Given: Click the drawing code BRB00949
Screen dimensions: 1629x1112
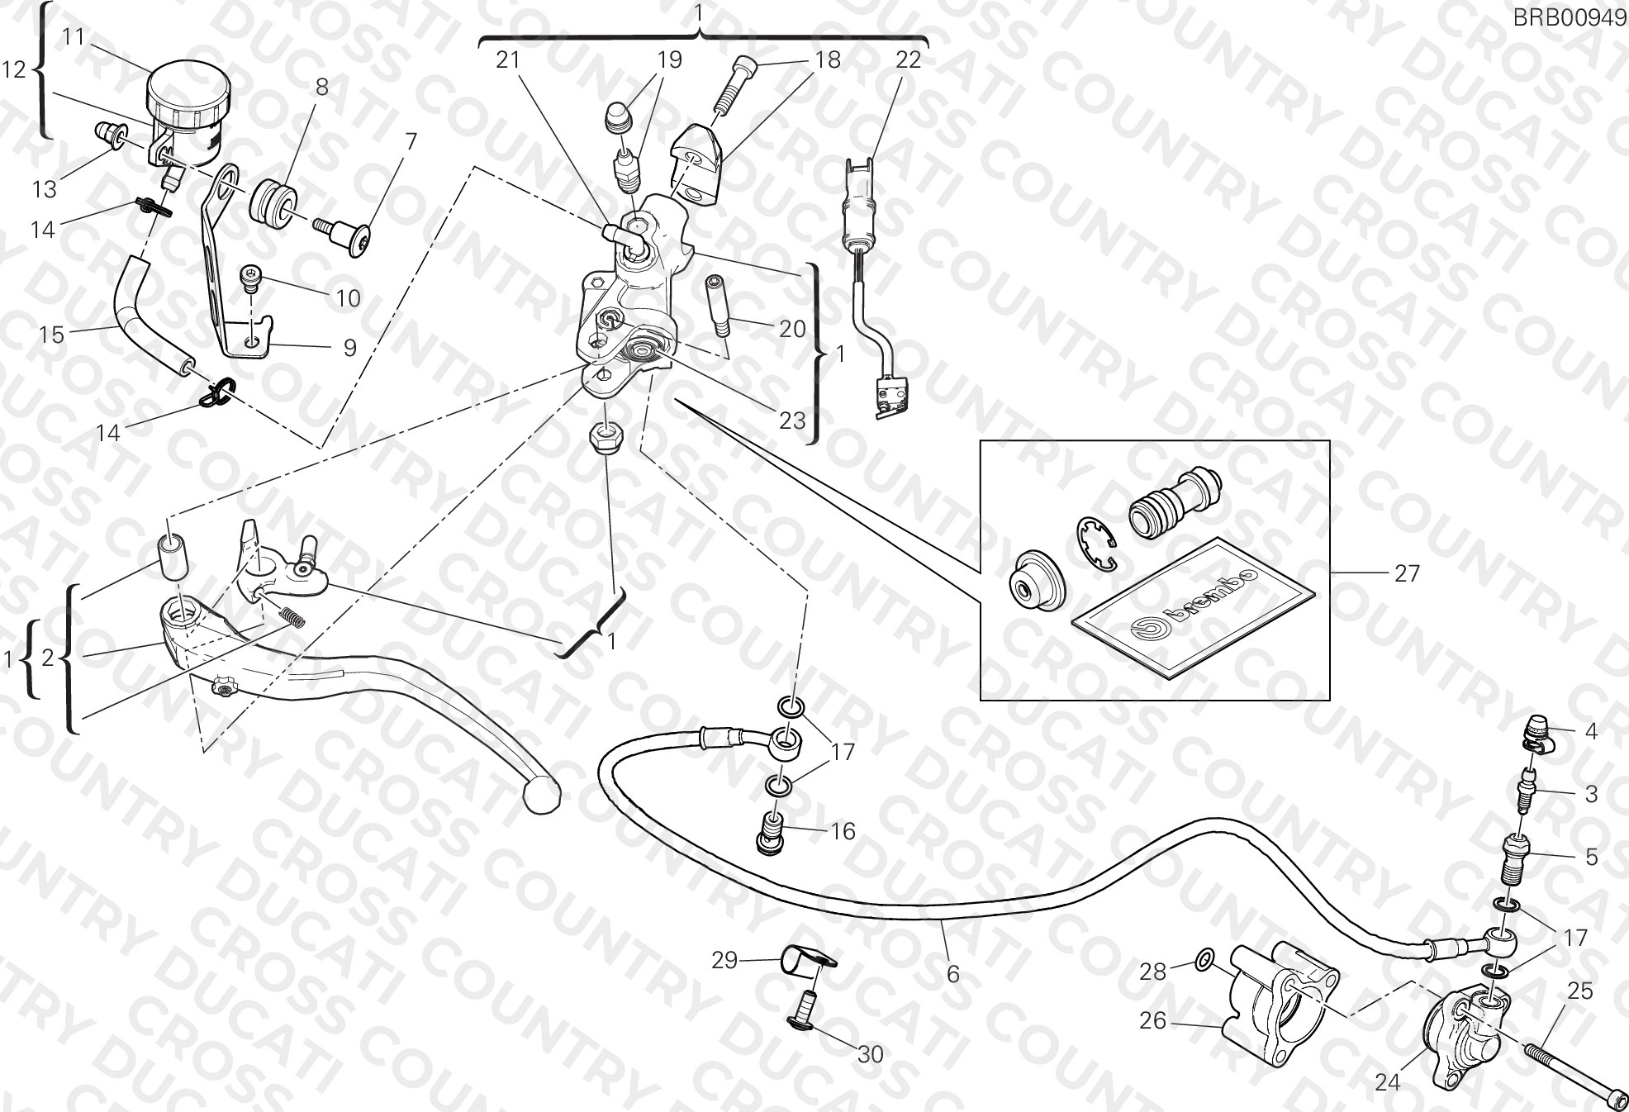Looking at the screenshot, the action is tap(1569, 17).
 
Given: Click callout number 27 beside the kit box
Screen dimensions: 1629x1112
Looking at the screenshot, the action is tap(1407, 573).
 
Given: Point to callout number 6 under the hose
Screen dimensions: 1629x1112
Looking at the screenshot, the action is tap(953, 974).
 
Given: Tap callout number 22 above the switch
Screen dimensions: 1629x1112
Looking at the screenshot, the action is tap(908, 59).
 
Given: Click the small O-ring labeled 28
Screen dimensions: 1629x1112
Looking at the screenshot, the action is tap(1204, 959).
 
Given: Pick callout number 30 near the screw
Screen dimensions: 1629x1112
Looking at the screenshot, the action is tap(871, 1054).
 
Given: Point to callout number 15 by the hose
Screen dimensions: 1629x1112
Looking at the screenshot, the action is tap(52, 334).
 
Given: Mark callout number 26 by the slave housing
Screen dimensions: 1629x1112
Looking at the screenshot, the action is tap(1152, 1021).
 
